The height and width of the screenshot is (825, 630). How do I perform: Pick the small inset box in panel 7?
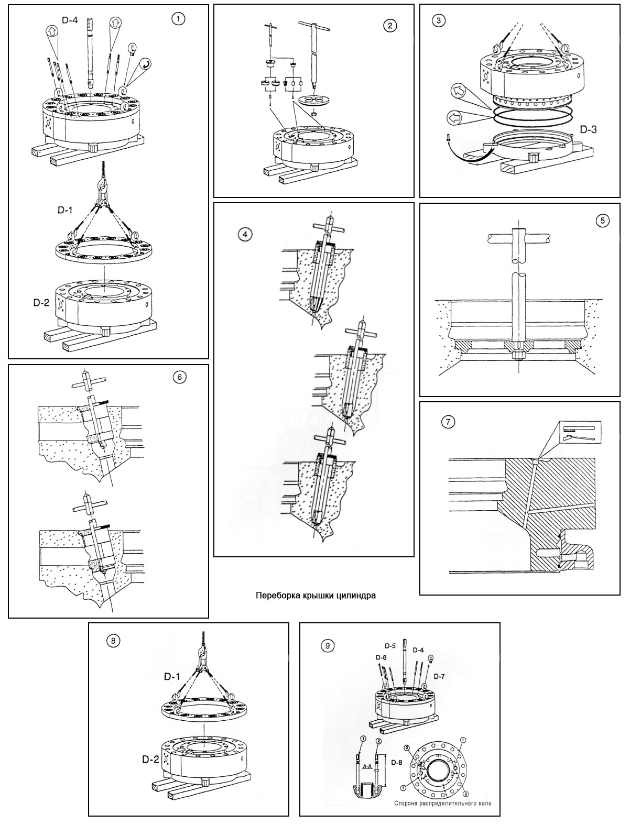pos(578,433)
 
